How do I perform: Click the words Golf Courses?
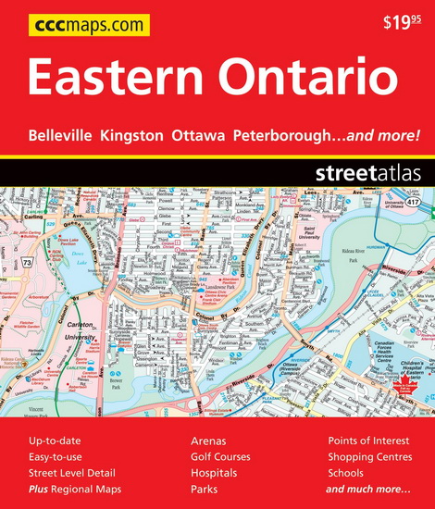click(x=220, y=457)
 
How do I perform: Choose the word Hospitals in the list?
click(x=214, y=473)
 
